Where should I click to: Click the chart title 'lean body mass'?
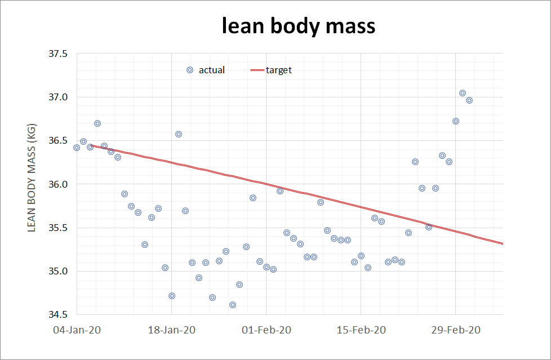(x=299, y=26)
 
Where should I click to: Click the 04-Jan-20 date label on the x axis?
(x=77, y=330)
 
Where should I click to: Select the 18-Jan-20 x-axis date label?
(x=171, y=330)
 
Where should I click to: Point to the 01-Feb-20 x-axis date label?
(x=266, y=330)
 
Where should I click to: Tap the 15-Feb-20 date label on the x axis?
(x=361, y=330)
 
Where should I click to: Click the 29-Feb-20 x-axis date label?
(x=456, y=330)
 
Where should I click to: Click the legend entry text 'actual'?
(x=212, y=70)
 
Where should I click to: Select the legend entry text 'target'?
(x=279, y=70)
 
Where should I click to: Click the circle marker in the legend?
(x=190, y=70)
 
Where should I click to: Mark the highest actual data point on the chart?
(x=463, y=93)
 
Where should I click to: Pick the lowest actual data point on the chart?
(x=233, y=305)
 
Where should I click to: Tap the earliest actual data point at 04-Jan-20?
(x=77, y=148)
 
